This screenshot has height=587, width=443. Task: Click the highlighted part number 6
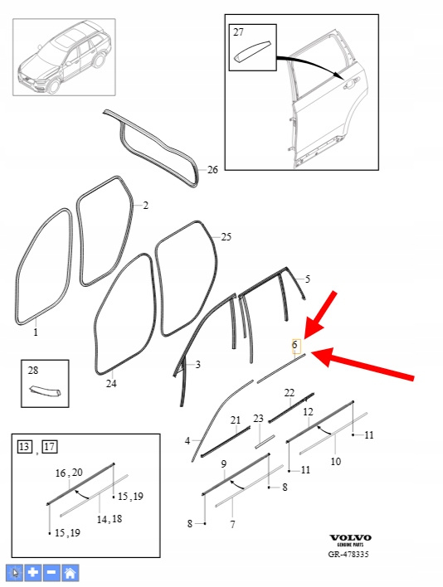[295, 344]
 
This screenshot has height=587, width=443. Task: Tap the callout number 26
[212, 170]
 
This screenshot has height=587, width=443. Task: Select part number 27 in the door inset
[238, 32]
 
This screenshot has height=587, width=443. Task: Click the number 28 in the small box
[33, 371]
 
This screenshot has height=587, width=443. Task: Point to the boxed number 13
[24, 447]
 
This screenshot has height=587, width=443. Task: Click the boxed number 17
[50, 447]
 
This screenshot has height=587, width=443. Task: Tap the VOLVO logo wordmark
[350, 538]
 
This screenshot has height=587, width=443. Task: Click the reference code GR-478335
[348, 555]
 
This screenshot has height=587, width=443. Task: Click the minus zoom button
[51, 572]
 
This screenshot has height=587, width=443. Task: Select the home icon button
[70, 572]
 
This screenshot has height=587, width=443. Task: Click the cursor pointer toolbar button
[15, 572]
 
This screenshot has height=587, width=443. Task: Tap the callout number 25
[226, 237]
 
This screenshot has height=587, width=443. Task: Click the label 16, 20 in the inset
[69, 473]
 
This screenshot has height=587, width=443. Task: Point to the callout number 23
[258, 418]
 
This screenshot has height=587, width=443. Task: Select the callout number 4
[187, 441]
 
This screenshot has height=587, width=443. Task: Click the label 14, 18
[110, 519]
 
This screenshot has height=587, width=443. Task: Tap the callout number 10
[335, 461]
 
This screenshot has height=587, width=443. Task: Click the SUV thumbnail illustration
[64, 57]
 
